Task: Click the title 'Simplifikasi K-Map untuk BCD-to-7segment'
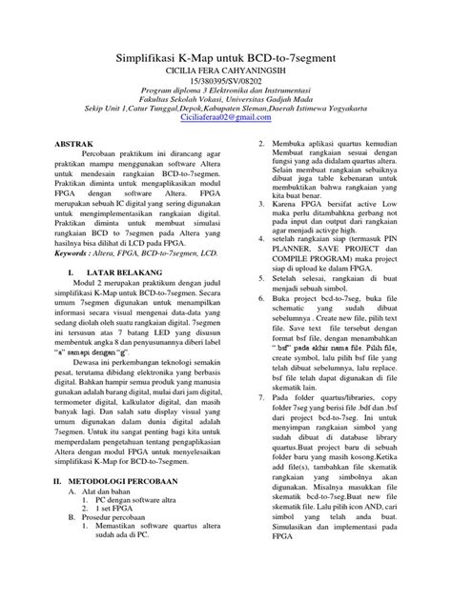click(x=226, y=58)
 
